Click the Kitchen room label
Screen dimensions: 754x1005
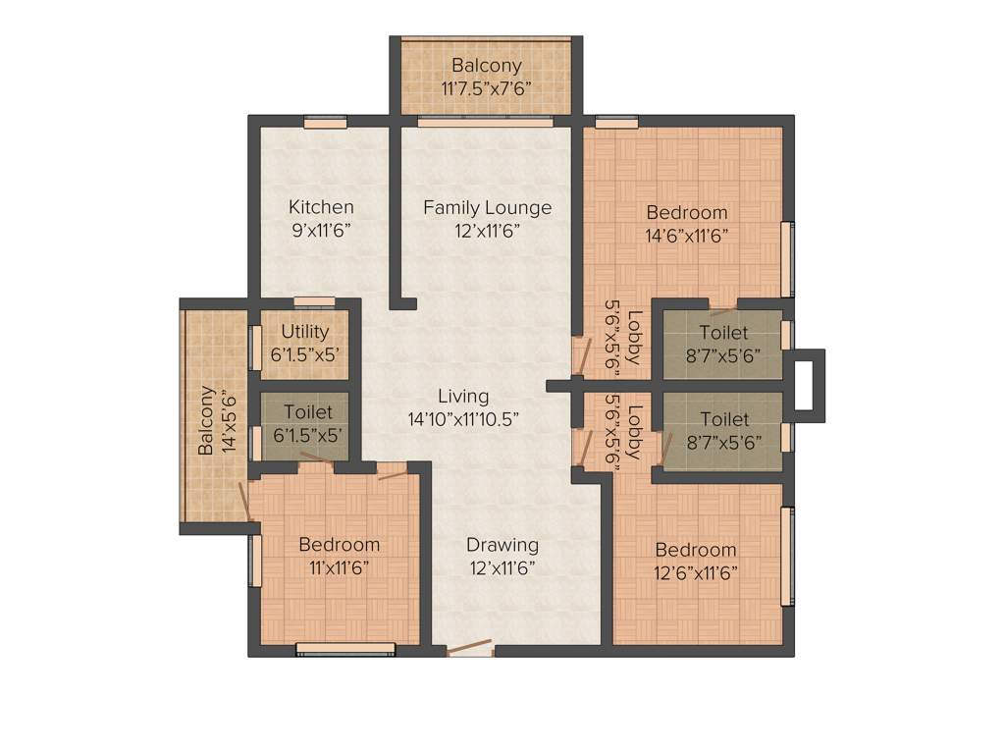click(321, 207)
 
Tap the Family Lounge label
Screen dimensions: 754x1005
click(487, 207)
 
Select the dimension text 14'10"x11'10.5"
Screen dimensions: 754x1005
click(463, 418)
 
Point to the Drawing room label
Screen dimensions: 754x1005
click(502, 545)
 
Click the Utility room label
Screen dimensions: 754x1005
click(305, 332)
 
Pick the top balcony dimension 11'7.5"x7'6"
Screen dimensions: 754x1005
click(487, 87)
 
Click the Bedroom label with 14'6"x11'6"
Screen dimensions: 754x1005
click(687, 212)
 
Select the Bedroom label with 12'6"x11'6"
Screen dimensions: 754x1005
click(696, 550)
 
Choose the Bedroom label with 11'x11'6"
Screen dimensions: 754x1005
click(339, 545)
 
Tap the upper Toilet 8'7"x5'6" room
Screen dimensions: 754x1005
click(723, 345)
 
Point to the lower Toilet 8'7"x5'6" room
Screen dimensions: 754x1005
click(723, 430)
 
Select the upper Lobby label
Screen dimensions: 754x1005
click(635, 338)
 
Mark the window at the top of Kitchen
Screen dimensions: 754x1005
click(319, 123)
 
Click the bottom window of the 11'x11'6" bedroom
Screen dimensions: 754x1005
click(345, 648)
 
